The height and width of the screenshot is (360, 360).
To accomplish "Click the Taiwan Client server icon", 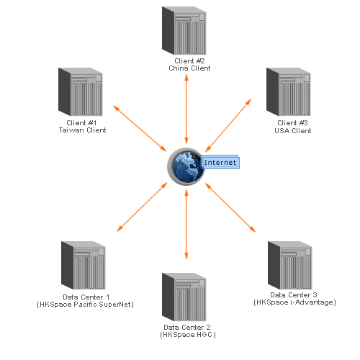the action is coord(81,91).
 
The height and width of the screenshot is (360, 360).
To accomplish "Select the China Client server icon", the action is coord(184,30).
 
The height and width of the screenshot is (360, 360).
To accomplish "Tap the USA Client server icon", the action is coord(289,91).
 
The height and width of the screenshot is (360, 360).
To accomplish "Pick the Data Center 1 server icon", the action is coord(84,265).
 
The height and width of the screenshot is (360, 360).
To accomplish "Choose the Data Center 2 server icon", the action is coord(184,297).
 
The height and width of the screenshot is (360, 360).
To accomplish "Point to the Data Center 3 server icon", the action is coord(290,265).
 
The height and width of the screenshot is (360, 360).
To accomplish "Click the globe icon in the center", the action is coord(186,166).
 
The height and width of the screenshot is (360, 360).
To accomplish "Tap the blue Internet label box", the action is coord(220,162).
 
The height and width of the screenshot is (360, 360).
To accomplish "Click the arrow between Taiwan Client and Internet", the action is coord(140,128).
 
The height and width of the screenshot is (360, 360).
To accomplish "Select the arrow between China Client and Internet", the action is coord(186,109).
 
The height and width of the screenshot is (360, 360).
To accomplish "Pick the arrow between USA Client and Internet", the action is coord(228,125).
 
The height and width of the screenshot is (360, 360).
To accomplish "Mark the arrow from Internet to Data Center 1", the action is coord(142,207).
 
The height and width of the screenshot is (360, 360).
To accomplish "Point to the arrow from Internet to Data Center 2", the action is coord(186,225).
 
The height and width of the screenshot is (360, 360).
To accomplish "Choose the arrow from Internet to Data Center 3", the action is coord(230,207).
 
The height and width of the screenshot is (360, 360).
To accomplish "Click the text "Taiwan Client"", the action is coord(82,130).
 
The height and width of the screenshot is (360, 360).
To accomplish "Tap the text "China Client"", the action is coord(189,68).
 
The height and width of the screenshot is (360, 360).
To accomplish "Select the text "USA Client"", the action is coord(293,131).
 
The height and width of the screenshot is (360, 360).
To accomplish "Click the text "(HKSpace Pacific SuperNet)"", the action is coord(85,305).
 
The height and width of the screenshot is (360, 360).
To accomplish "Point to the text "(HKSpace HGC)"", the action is coord(188,335).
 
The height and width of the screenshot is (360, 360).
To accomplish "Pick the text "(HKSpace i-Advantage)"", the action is coord(294,302).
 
